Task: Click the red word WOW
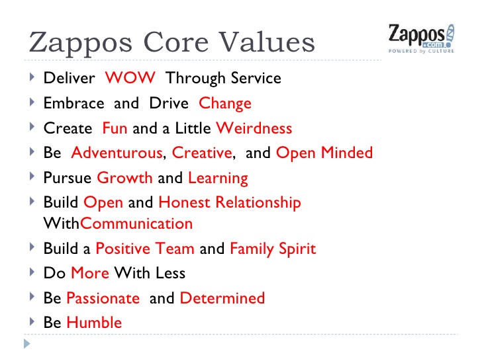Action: tap(130, 77)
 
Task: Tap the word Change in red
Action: tap(225, 104)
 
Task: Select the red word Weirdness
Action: tap(254, 128)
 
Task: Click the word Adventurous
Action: tap(117, 153)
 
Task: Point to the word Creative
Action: tap(202, 153)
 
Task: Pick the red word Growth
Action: tap(124, 178)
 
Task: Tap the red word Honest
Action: tap(185, 202)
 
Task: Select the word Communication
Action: tap(136, 223)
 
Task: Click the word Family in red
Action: tap(252, 249)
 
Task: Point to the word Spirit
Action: tap(297, 249)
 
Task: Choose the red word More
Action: tap(90, 273)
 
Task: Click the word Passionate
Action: tap(103, 298)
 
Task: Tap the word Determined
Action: tap(222, 298)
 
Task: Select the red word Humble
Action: tap(94, 323)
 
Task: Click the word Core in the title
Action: tap(176, 42)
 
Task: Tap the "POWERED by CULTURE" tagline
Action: tap(422, 52)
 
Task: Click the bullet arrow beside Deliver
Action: tap(32, 77)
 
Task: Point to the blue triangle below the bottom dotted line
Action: tap(27, 344)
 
